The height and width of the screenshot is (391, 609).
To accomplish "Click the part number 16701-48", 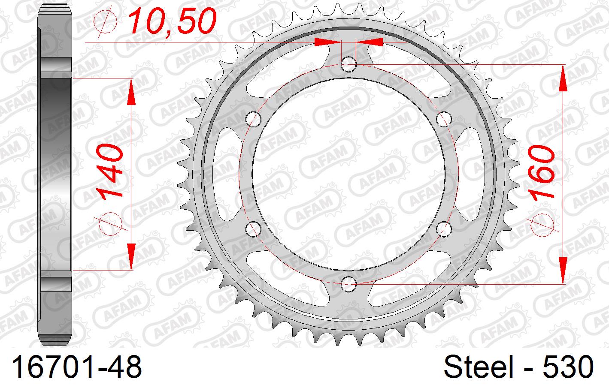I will pyautogui.click(x=76, y=368).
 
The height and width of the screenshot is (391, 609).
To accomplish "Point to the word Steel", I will pyautogui.click(x=478, y=368).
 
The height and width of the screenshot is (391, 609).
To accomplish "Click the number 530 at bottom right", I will pyautogui.click(x=568, y=368).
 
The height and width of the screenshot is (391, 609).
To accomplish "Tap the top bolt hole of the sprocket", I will pyautogui.click(x=349, y=64).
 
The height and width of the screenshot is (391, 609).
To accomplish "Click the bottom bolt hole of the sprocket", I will pyautogui.click(x=349, y=283).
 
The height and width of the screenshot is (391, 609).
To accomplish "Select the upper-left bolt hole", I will pyautogui.click(x=254, y=119).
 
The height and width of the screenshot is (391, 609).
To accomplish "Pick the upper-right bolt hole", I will pyautogui.click(x=444, y=119).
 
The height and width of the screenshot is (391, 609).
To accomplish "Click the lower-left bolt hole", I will pyautogui.click(x=254, y=229).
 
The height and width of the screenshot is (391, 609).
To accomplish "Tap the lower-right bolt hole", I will pyautogui.click(x=444, y=229).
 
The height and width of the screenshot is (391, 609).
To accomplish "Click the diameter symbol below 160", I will pyautogui.click(x=542, y=225).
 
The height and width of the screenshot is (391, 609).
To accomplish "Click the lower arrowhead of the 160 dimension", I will pyautogui.click(x=563, y=270).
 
